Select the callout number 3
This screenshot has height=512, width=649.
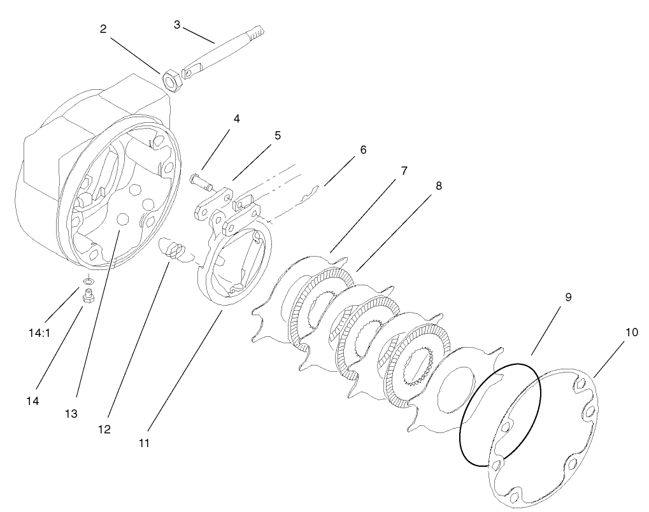coord(177,24)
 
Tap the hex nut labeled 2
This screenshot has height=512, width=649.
coord(171,81)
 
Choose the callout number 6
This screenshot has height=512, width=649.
coord(363,150)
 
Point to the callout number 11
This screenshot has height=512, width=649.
coord(144,442)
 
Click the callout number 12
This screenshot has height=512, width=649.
coord(104,429)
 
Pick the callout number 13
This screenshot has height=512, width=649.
coord(71,413)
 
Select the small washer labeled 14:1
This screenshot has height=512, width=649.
coord(88,280)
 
